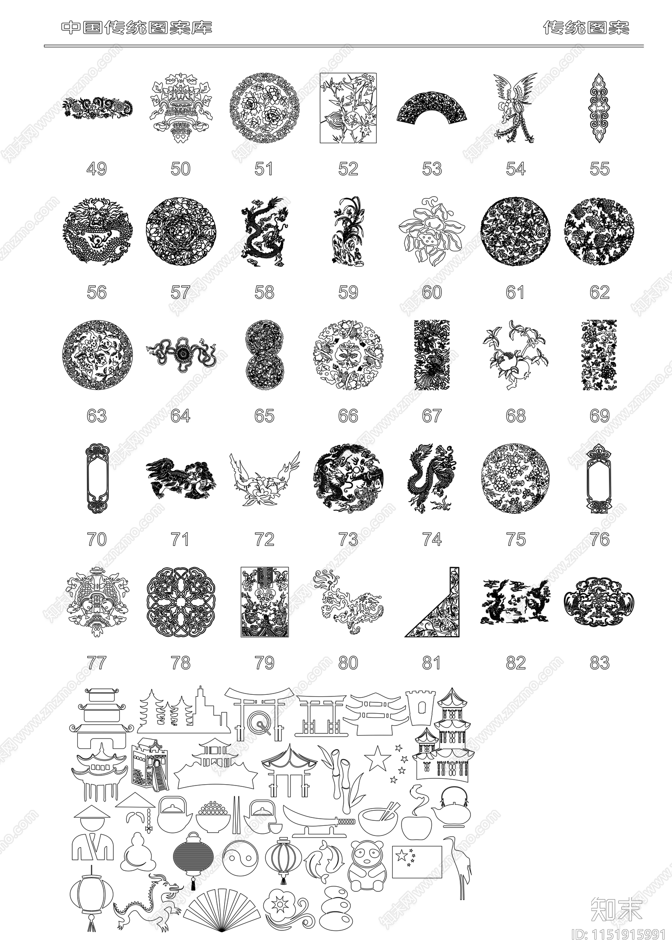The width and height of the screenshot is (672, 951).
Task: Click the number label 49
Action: (x=96, y=169)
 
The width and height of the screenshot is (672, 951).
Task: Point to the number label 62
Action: (x=599, y=292)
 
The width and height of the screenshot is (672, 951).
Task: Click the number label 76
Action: (x=599, y=539)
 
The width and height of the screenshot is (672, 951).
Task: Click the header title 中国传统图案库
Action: (x=137, y=28)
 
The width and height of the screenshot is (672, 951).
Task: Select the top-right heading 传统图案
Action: (x=586, y=28)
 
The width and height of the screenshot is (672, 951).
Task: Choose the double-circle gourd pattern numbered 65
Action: (x=264, y=355)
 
